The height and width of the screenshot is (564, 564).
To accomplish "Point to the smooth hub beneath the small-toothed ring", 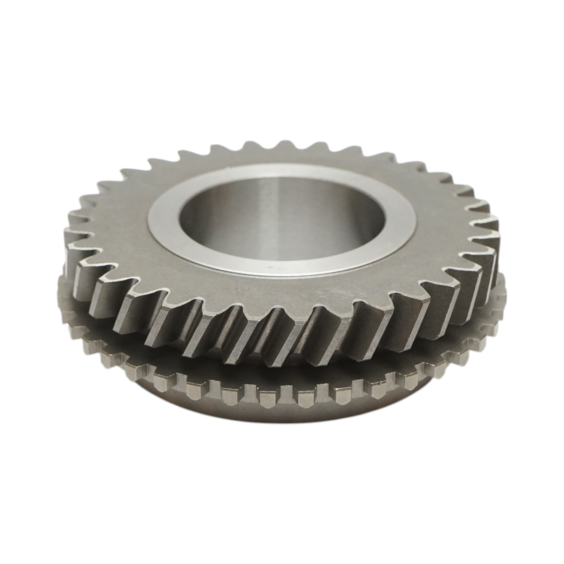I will pyautogui.click(x=282, y=418).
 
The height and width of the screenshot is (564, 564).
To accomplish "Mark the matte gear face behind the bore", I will pyautogui.click(x=282, y=157).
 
